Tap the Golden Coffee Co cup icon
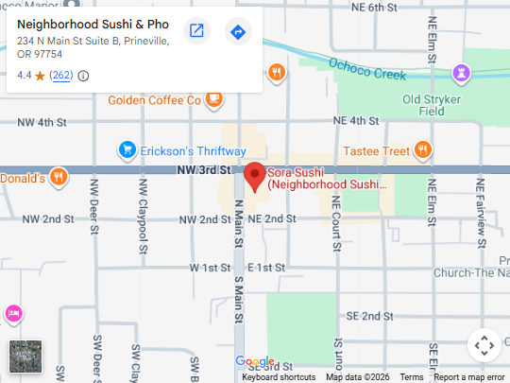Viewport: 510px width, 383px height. point(214,98)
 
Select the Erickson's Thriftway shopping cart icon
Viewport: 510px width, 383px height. point(127,150)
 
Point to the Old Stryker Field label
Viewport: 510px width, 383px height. point(437,104)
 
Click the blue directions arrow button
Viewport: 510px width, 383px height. point(238,31)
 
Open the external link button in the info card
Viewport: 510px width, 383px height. point(196,31)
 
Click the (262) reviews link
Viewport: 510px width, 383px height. point(61,76)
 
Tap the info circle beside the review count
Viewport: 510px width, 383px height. point(83,76)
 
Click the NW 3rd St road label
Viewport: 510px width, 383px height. point(203,170)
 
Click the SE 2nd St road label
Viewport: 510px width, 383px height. point(369,316)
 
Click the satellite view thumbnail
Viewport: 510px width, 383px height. point(25,357)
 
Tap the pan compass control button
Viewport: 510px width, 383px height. point(484,345)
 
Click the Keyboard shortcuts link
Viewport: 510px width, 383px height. point(279,377)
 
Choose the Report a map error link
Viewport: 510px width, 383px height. point(469,377)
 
